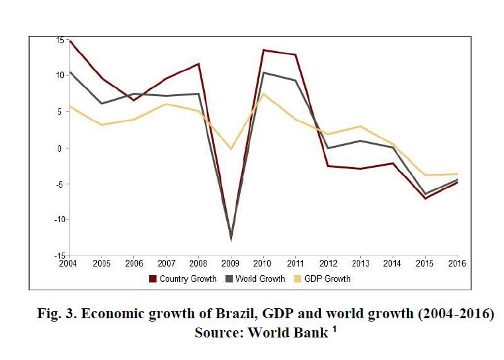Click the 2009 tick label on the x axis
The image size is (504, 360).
click(x=231, y=263)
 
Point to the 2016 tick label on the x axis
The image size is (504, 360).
click(x=458, y=263)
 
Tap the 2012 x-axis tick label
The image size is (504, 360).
click(x=328, y=263)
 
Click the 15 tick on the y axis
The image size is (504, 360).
click(x=60, y=40)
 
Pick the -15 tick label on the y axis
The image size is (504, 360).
click(x=58, y=256)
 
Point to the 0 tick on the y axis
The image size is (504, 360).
click(x=61, y=148)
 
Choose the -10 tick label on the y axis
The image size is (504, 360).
click(x=58, y=220)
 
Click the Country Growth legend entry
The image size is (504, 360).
click(x=188, y=279)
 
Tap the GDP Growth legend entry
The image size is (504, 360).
click(x=328, y=279)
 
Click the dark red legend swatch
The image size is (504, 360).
click(x=153, y=279)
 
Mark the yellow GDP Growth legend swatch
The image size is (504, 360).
click(x=296, y=279)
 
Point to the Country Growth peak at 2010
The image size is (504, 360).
click(x=264, y=50)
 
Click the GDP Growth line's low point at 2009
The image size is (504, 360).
click(x=231, y=149)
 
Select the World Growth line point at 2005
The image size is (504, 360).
click(x=101, y=103)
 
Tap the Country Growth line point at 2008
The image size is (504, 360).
click(x=199, y=64)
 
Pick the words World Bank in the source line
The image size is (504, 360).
click(x=288, y=333)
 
